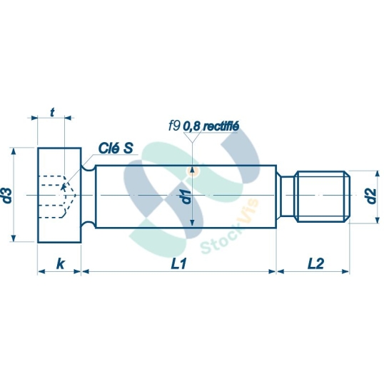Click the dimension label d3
pyautogui.click(x=8, y=195)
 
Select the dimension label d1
pyautogui.click(x=184, y=197)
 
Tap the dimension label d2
pyautogui.click(x=370, y=196)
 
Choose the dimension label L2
pyautogui.click(x=315, y=263)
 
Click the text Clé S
pyautogui.click(x=116, y=148)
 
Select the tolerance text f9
pyautogui.click(x=173, y=126)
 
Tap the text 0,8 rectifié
pyautogui.click(x=211, y=126)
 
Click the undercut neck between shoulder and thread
pyautogui.click(x=286, y=196)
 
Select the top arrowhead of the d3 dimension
pyautogui.click(x=14, y=151)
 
